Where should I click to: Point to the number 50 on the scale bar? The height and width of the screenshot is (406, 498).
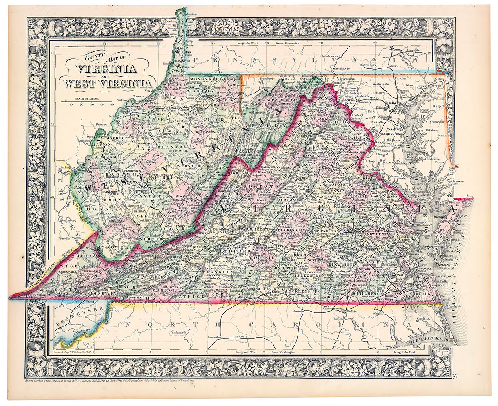point(112,104)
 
